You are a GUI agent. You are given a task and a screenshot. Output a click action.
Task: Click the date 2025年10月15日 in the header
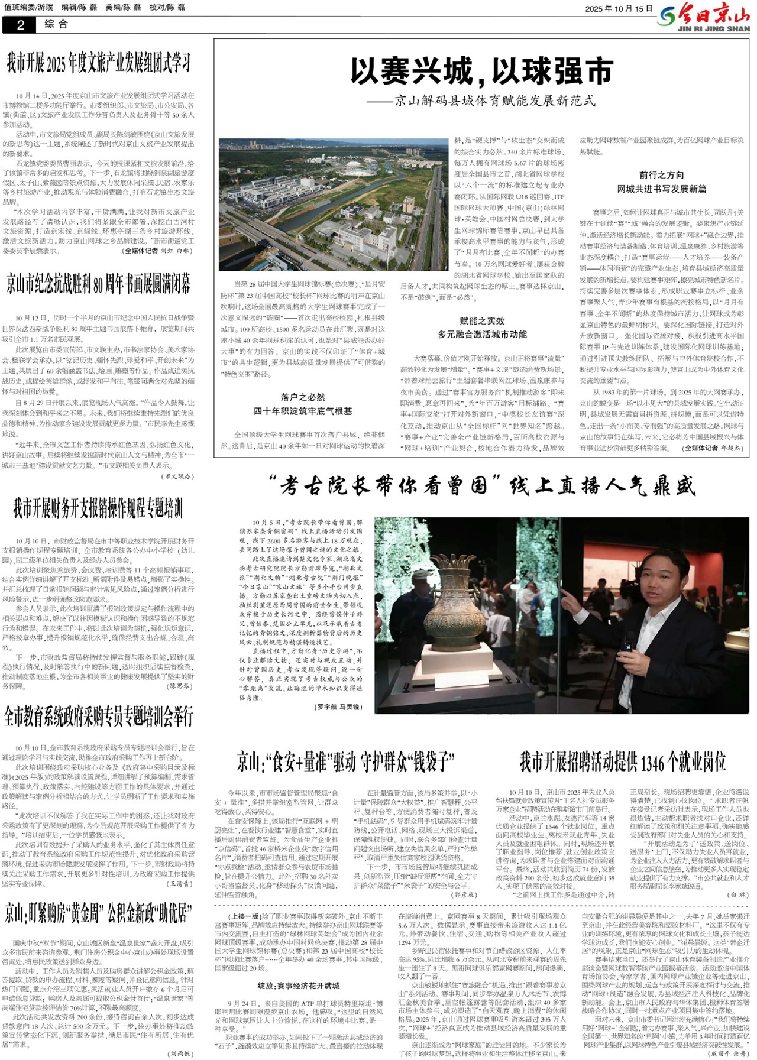(x=619, y=9)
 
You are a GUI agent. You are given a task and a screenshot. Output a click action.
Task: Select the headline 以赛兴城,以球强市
(x=481, y=72)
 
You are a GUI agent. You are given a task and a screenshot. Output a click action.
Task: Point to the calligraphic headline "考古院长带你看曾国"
(x=481, y=486)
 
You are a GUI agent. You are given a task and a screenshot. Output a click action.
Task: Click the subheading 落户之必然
(x=303, y=397)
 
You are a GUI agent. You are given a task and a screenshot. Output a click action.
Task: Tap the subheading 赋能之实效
(x=482, y=321)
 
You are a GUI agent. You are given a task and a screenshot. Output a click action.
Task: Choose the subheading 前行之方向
(x=661, y=175)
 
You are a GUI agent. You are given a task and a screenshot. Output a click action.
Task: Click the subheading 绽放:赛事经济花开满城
(x=298, y=986)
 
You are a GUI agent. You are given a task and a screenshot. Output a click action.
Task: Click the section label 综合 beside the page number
(x=56, y=24)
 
